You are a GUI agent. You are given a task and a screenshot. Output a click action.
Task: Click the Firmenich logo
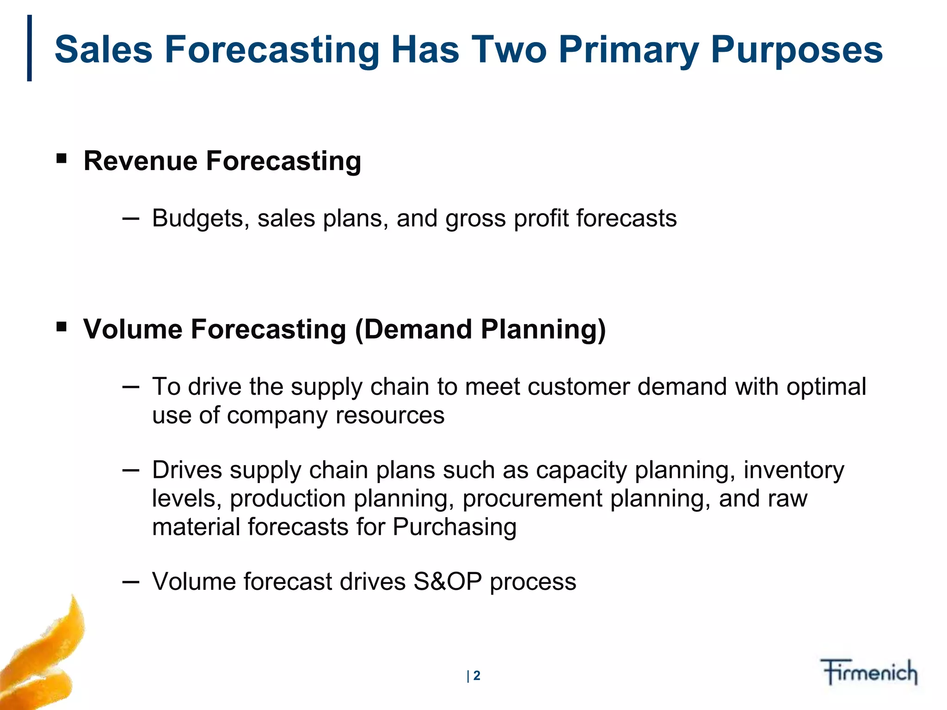[x=869, y=672]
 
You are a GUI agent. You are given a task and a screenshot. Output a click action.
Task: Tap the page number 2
[x=477, y=676]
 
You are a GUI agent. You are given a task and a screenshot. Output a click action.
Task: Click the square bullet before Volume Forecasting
[x=61, y=328]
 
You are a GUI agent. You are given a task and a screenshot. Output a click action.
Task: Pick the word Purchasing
[x=455, y=527]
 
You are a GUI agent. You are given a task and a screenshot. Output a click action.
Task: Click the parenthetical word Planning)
[x=543, y=330]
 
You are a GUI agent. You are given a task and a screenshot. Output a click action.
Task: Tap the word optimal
[x=826, y=386]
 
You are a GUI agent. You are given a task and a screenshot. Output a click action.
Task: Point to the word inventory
[x=793, y=470]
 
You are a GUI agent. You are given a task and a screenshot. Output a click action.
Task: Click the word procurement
[x=532, y=499]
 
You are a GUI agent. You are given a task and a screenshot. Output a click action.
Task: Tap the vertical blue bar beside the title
[x=30, y=48]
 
